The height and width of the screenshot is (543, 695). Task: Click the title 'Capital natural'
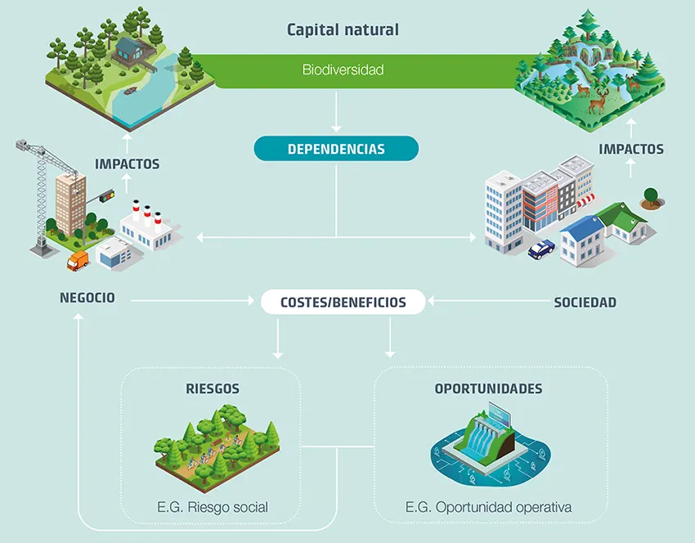coord(343,30)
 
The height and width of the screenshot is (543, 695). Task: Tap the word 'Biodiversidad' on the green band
coord(343,70)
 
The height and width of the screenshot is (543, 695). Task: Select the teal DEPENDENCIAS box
coord(336,149)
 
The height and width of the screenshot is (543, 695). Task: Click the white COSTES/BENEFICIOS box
coord(343,302)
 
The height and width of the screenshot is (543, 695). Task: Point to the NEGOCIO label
coord(87,298)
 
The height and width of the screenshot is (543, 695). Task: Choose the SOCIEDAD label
coord(585,303)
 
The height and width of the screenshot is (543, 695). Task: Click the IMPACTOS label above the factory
coord(128,164)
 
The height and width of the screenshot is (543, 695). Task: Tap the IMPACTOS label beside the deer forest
coord(631,149)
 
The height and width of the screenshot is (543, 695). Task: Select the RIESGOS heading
coord(213,388)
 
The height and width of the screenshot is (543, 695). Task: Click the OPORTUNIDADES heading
coord(488,388)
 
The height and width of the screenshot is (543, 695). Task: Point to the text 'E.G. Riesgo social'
coord(213,507)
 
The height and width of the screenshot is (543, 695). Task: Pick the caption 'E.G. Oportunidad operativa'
coord(488,507)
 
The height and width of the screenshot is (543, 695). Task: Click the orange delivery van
coord(78,260)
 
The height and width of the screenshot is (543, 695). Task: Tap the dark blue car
coord(541,249)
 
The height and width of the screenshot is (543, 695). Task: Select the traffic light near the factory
coord(107,195)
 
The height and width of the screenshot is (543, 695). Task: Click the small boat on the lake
coord(130,92)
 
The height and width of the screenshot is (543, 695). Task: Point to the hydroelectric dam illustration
coord(490,443)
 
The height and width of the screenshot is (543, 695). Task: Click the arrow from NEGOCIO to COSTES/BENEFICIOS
coord(193,301)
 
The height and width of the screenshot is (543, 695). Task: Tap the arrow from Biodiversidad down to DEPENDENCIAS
coord(336,112)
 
